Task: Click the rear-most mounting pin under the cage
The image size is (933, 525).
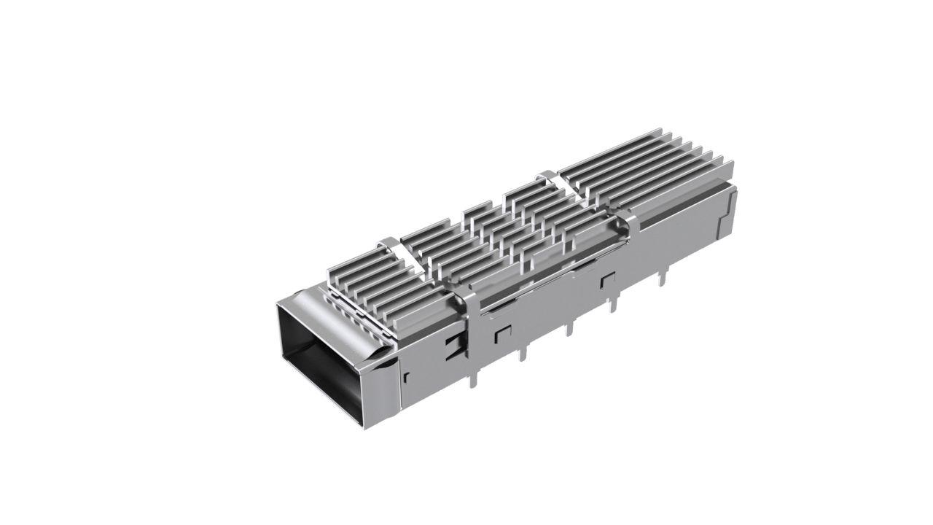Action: click(x=664, y=276)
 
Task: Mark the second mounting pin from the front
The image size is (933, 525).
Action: click(x=522, y=352)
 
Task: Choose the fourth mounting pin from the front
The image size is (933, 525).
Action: click(x=618, y=300)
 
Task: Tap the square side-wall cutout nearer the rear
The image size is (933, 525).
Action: click(x=606, y=280)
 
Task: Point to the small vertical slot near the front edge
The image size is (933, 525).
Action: click(x=406, y=376)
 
